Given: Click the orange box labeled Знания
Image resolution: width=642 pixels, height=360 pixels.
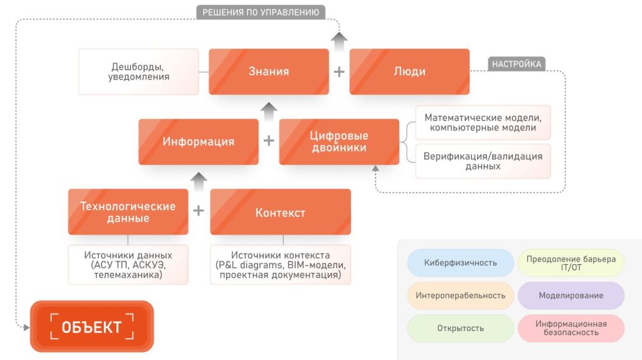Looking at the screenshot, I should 268,71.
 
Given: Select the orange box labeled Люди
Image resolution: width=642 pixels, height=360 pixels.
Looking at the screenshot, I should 409,71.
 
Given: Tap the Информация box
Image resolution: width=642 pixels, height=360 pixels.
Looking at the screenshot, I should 198,142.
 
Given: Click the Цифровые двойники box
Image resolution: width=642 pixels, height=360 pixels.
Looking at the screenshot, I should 339,142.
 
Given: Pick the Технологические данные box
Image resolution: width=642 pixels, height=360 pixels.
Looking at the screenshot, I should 128,212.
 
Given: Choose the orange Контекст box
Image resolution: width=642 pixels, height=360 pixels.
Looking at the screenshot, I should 280,212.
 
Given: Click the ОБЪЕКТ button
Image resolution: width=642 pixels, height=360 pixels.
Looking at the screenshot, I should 92,326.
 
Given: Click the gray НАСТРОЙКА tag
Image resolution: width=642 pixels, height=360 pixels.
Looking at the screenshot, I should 516,64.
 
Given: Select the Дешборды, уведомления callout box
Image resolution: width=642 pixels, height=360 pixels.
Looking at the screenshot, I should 139,71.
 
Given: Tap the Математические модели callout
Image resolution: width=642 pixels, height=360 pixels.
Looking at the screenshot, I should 483,122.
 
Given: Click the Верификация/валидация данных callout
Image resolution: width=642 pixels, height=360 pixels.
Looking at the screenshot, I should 483,161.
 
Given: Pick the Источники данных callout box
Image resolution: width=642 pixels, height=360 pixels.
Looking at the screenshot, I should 128,264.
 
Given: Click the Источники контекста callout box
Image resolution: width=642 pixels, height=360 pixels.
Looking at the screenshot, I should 280,264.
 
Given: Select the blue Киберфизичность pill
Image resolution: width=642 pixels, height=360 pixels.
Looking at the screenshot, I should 460,262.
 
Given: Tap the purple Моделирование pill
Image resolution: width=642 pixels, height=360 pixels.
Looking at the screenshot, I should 571,295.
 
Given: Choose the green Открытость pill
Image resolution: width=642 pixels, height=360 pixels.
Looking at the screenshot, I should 460,328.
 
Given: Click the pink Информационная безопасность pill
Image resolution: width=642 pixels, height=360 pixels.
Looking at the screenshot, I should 571,328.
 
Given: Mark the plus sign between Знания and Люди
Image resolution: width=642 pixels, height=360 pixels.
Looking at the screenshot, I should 339,71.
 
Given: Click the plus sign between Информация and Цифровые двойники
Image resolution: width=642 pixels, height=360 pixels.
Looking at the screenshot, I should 268,141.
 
